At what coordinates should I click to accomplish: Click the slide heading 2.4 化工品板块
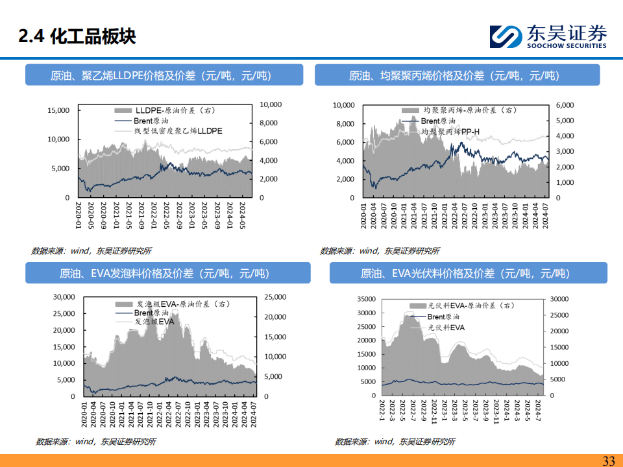(77, 36)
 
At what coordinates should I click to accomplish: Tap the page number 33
(608, 461)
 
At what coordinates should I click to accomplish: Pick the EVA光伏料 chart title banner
(468, 273)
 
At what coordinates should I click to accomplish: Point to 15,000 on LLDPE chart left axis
(59, 110)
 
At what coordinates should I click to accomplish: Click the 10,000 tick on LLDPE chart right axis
(270, 104)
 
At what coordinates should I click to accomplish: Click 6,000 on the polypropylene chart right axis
(565, 105)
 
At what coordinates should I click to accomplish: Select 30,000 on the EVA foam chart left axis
(64, 297)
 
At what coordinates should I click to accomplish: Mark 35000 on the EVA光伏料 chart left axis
(365, 299)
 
